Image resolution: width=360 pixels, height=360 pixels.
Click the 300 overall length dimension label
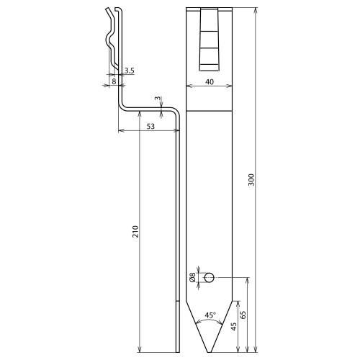[251, 180]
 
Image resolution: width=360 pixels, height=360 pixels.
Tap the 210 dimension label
[136, 231]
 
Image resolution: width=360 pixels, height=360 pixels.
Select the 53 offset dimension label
[150, 126]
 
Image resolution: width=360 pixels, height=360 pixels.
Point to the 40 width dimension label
[210, 82]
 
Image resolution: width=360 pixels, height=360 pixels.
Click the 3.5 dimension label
[130, 71]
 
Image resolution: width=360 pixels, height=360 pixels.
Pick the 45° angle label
[210, 315]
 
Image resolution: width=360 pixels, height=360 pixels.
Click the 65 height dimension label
[243, 315]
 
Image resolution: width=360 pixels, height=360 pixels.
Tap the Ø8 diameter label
[193, 278]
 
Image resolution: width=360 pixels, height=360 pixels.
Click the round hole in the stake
[209, 278]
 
